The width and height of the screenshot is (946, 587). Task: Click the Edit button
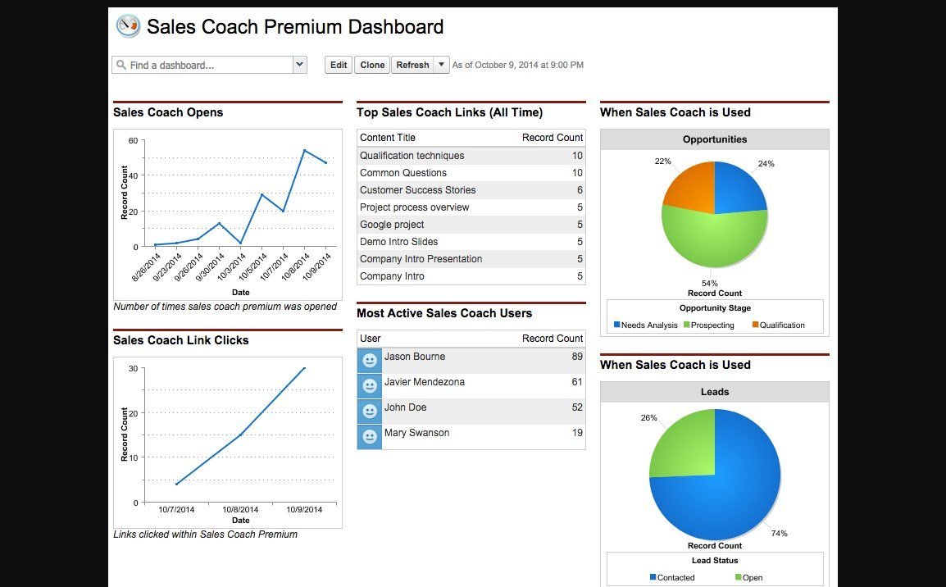(339, 65)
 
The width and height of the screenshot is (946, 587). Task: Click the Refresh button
(412, 65)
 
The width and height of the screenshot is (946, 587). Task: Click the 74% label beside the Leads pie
(779, 534)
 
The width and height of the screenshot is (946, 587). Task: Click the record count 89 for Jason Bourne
(577, 357)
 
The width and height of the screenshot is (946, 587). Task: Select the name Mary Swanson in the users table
(416, 433)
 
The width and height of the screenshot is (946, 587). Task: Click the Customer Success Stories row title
(417, 190)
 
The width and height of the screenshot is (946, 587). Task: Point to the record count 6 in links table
(580, 190)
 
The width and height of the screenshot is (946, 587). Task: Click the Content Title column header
(387, 138)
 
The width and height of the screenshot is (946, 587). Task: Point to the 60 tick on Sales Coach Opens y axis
(133, 141)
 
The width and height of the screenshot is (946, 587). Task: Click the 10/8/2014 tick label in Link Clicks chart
(240, 509)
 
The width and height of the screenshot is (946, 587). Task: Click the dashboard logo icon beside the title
(128, 26)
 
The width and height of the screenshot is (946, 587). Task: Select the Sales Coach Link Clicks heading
(180, 340)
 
